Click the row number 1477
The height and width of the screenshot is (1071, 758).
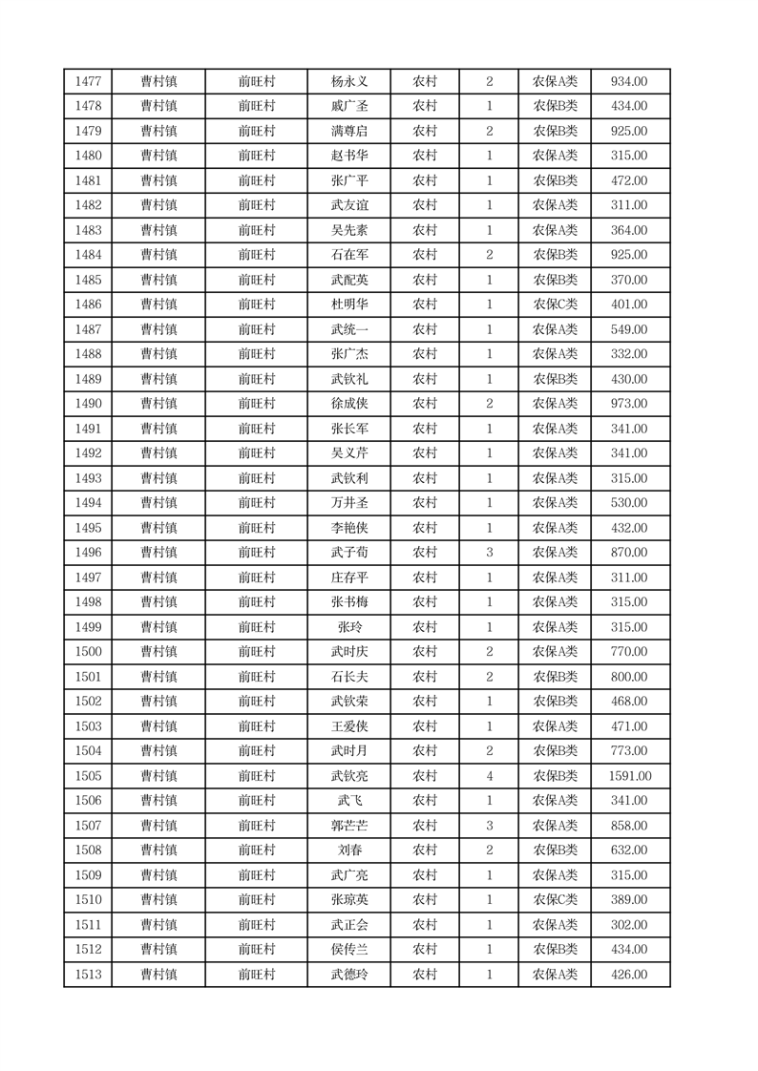click(88, 81)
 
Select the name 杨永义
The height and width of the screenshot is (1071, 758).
click(348, 81)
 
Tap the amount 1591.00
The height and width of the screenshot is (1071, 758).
click(629, 776)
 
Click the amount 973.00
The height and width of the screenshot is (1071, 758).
click(629, 404)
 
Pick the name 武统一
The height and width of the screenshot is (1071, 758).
click(348, 329)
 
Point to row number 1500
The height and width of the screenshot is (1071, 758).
click(88, 652)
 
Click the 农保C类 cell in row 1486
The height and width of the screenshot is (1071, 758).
click(555, 304)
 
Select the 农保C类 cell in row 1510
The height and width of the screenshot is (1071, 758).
click(555, 900)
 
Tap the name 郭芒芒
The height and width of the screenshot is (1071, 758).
click(348, 826)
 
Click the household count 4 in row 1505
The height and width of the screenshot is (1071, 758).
click(489, 776)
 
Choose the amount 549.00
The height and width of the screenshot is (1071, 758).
click(629, 329)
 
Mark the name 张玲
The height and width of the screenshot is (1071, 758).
click(348, 627)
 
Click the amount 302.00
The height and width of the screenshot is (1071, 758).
click(629, 925)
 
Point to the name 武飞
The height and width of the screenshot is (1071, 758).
click(348, 801)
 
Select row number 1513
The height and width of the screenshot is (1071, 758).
click(88, 975)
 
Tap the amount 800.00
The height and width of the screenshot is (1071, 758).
click(629, 677)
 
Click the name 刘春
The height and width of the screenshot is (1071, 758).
click(348, 850)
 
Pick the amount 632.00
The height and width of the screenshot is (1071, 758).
click(629, 850)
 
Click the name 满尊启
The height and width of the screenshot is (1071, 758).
click(348, 131)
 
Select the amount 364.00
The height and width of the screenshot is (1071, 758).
click(629, 230)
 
